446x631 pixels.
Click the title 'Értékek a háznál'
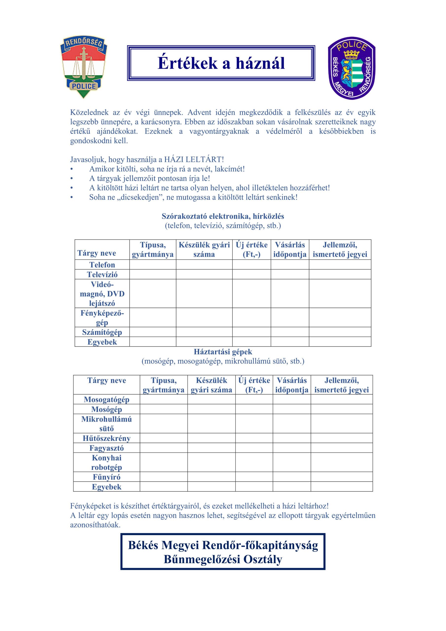tap(221, 63)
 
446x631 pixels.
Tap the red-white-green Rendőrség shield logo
tap(84, 67)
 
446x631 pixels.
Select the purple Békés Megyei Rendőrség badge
tap(352, 68)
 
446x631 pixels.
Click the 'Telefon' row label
tap(102, 265)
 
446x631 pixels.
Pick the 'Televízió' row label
tap(102, 274)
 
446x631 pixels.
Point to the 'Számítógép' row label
tap(102, 332)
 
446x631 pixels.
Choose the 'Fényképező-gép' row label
tap(102, 317)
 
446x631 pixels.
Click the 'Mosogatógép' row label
tap(107, 399)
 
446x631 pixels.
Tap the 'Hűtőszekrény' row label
tap(107, 438)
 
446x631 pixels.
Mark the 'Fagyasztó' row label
tap(107, 448)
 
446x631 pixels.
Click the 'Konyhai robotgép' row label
tap(107, 463)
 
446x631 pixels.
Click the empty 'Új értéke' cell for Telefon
tap(251, 265)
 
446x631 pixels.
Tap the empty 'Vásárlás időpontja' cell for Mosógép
tap(291, 409)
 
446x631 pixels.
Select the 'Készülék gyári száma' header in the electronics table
tap(204, 249)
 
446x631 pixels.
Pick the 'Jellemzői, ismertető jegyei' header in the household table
tap(341, 385)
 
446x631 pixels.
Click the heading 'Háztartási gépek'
tap(223, 352)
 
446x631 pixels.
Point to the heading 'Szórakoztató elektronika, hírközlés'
tap(223, 216)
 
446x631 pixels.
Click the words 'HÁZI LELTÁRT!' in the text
tap(194, 159)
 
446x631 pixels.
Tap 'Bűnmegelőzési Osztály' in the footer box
tap(223, 559)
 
